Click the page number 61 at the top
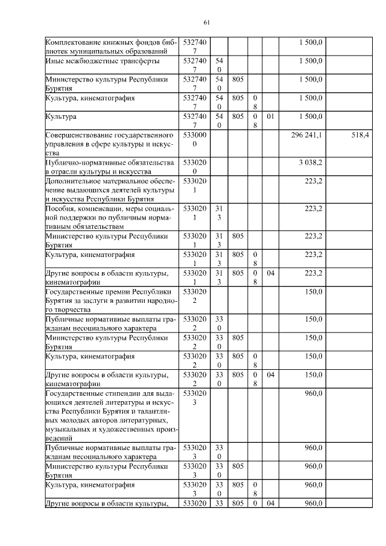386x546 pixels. click(206, 22)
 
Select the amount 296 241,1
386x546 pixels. click(306, 136)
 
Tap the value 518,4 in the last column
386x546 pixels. click(359, 136)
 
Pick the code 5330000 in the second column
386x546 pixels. click(194, 140)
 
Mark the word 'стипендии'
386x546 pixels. click(112, 393)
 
